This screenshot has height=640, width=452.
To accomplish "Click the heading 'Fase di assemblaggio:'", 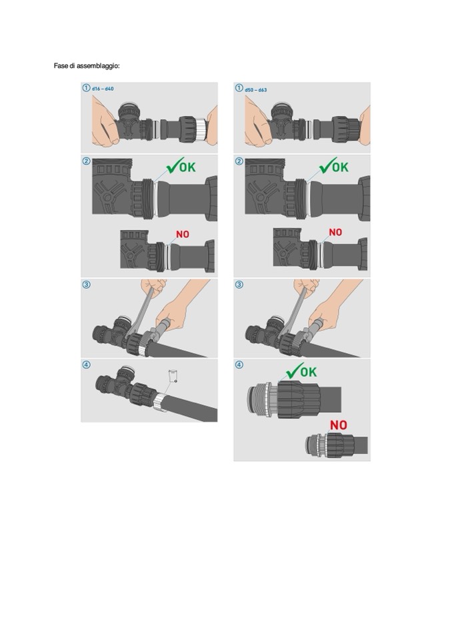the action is point(87,65).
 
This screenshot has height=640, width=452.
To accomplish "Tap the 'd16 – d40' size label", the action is point(103,89).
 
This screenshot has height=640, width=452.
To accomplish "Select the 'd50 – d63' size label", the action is point(256,89).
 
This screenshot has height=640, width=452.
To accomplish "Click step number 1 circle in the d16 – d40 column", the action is point(86,87).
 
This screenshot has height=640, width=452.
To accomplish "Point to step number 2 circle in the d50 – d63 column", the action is point(239,162).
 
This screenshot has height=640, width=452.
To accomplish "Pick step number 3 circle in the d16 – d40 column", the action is point(87,284).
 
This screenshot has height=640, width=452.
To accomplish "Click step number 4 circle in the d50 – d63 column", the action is point(239,365).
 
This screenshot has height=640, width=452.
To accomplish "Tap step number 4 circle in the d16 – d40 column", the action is point(87,364).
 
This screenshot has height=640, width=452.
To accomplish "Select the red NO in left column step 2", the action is point(183,234).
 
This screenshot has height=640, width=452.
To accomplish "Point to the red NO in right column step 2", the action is point(335,232).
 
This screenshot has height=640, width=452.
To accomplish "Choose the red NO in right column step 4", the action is point(338,425).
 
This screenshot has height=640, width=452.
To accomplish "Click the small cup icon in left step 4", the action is point(173,375).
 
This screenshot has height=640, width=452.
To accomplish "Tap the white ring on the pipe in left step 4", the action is point(161,402).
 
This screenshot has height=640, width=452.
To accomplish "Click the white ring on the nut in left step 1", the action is point(200,129).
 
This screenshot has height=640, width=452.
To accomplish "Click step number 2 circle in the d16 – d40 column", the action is point(87,162).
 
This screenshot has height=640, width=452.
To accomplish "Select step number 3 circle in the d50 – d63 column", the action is point(239,284).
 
